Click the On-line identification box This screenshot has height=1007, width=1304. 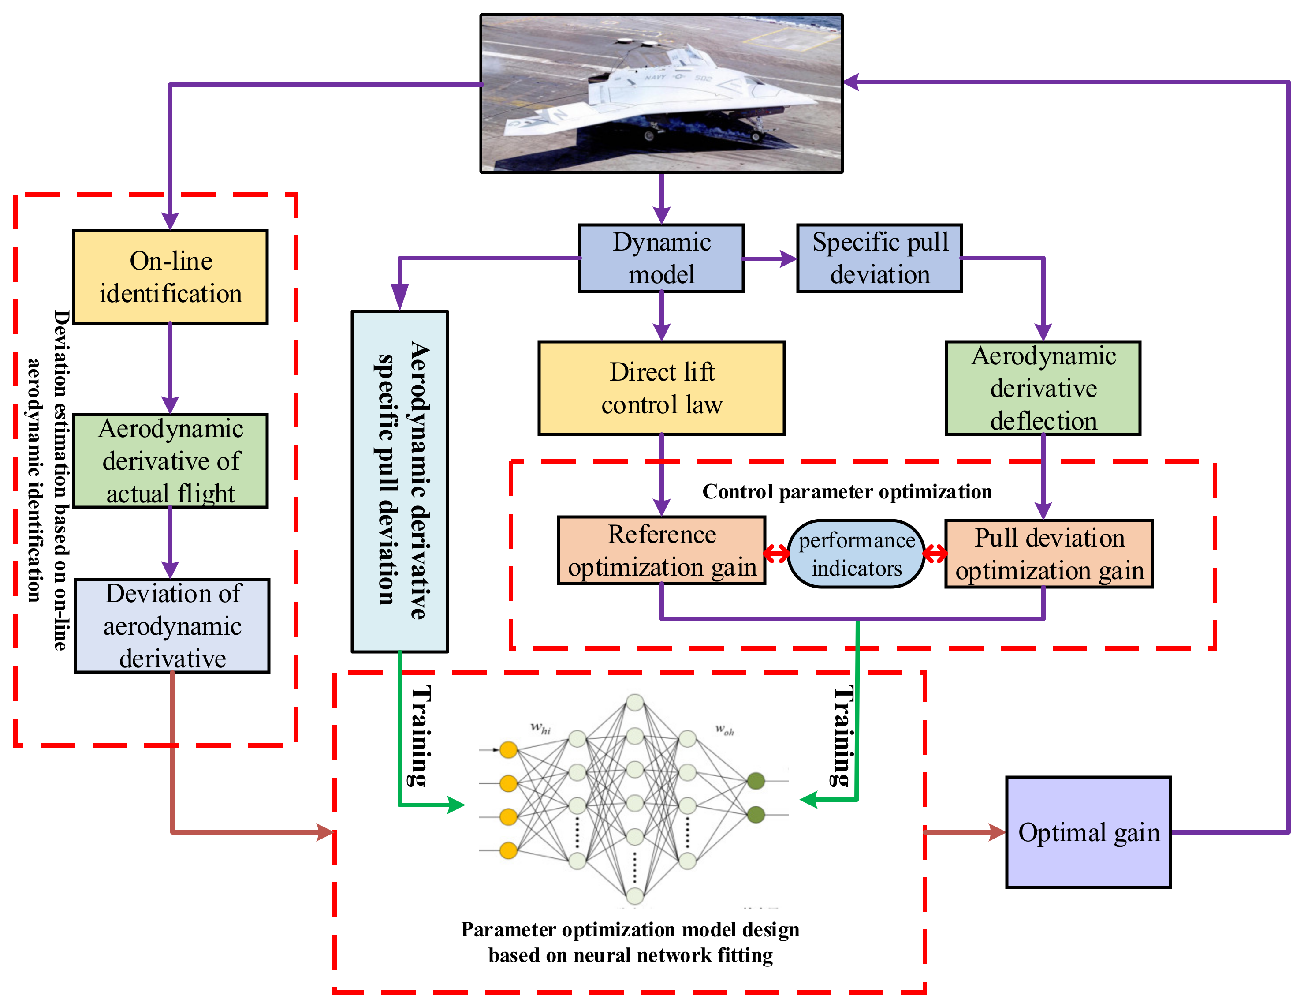[x=170, y=277]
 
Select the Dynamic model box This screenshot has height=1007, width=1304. [x=661, y=258]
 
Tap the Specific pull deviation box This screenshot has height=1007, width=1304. [x=879, y=258]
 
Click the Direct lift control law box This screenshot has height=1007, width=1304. [x=661, y=388]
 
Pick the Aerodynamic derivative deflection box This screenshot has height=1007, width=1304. [x=1043, y=388]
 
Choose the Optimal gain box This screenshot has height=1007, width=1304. [x=1088, y=832]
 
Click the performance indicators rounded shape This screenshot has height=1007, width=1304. [x=856, y=554]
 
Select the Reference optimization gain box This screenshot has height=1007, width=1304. [x=661, y=550]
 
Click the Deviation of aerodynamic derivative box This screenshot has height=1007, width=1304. [x=172, y=625]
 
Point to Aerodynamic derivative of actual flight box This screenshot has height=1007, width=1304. [x=170, y=460]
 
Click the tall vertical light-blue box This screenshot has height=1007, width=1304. [x=399, y=481]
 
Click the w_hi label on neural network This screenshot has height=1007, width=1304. [x=540, y=728]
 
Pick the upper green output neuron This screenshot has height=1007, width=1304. [x=756, y=781]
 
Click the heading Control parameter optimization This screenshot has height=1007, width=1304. [x=847, y=491]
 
